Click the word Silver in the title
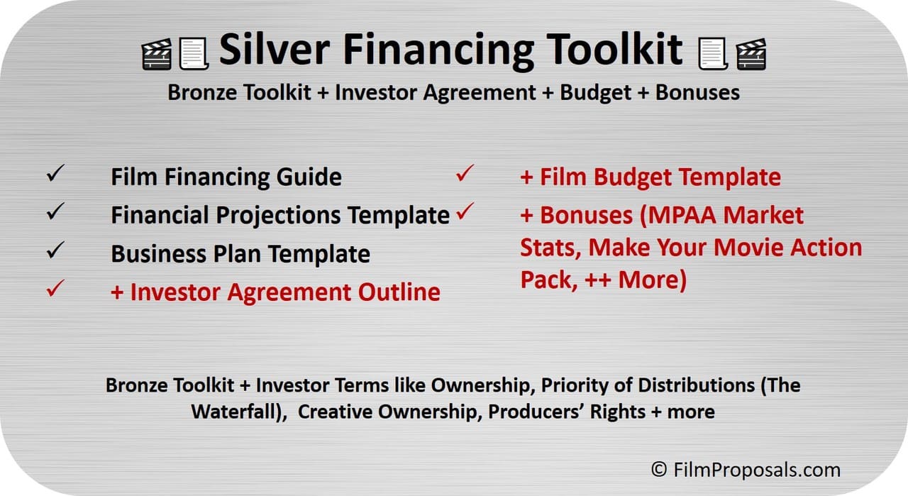[x=275, y=49]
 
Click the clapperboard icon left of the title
[x=157, y=55]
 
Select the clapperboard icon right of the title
[x=751, y=55]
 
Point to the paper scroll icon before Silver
[x=194, y=53]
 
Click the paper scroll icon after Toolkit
[x=714, y=53]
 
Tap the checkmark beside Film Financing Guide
[x=55, y=173]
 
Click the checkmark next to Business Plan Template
[x=55, y=250]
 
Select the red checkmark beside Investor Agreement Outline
[x=55, y=288]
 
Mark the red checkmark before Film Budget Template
[x=465, y=173]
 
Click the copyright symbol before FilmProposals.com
[x=659, y=470]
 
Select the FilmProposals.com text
[x=757, y=470]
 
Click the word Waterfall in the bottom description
[x=235, y=412]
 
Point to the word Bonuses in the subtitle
[x=697, y=92]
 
